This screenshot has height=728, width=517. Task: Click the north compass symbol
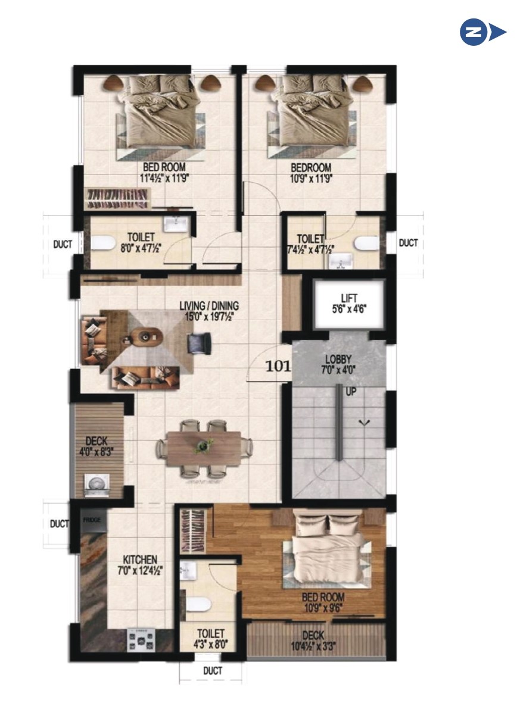pos(483,32)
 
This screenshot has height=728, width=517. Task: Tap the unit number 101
pos(278,367)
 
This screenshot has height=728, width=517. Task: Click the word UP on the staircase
pos(351,392)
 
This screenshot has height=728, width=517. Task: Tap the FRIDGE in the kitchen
pos(92,520)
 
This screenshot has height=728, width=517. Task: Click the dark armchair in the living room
pos(199,342)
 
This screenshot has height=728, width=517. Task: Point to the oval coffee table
pos(149,338)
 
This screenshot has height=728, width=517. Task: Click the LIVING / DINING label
pos(209,306)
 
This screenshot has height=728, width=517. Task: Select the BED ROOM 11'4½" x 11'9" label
pos(164,173)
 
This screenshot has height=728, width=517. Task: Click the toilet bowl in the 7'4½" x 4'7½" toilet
pos(367,243)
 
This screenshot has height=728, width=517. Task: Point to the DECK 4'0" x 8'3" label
pos(96,446)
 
